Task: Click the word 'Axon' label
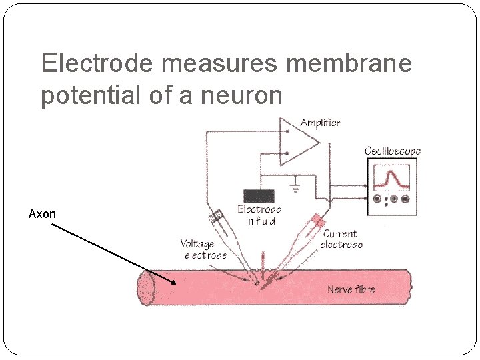[42, 214]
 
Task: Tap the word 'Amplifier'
[320, 123]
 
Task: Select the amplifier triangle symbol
[296, 142]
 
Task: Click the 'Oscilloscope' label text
[393, 151]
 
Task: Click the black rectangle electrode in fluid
[259, 196]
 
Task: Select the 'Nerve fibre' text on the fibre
[351, 289]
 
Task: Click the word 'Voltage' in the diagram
[197, 244]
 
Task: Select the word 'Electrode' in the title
[97, 64]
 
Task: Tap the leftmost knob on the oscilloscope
[379, 199]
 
